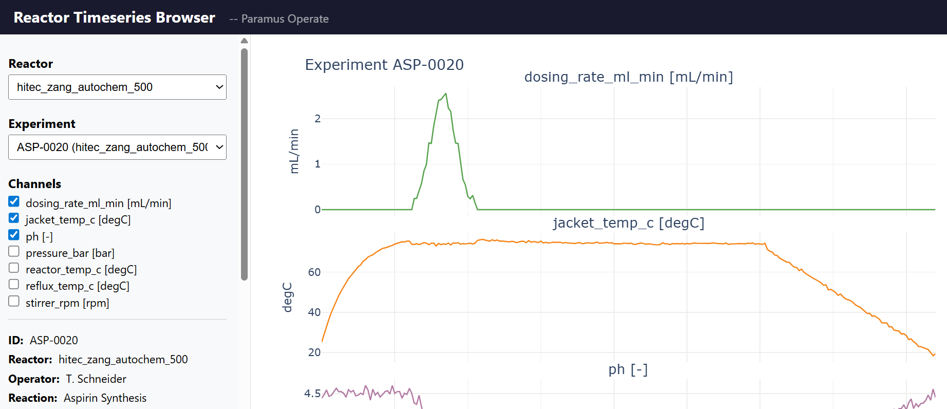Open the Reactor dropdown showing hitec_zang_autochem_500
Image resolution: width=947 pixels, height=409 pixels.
pos(117,87)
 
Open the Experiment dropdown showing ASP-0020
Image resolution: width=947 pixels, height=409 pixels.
pos(117,147)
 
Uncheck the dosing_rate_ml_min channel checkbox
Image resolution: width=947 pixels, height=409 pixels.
pos(14,201)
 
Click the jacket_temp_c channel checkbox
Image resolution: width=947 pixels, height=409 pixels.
pos(14,218)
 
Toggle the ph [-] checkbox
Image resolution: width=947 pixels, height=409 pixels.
pos(14,235)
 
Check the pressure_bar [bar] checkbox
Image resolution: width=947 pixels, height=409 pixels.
pos(14,251)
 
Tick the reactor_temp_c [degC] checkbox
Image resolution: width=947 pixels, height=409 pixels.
pos(14,268)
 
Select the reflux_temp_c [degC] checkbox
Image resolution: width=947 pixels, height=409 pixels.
pos(14,284)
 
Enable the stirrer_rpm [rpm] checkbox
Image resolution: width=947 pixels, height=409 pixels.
pos(14,301)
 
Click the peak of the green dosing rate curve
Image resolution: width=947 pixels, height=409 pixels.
pos(445,94)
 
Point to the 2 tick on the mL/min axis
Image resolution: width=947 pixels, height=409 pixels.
pos(318,119)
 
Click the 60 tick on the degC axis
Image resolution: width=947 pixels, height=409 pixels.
pos(314,272)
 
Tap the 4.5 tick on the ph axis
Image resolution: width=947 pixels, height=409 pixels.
pos(312,394)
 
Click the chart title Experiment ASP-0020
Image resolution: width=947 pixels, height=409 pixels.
pos(384,65)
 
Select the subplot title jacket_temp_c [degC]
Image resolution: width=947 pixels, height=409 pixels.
pos(628,223)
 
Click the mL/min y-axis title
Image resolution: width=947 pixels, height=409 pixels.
pos(294,151)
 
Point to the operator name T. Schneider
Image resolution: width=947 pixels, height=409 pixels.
pos(96,379)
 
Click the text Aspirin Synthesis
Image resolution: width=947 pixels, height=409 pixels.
pos(105,398)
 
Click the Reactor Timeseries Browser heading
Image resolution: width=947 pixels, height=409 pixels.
pos(114,17)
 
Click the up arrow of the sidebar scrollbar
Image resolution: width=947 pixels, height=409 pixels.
pos(244,41)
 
